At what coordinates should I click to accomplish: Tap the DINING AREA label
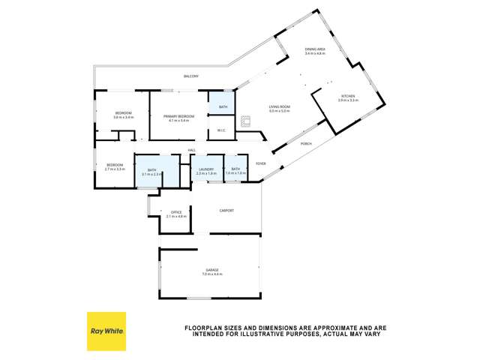pos(314,49)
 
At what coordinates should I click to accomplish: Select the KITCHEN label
pos(348,96)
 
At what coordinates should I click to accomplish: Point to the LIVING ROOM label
pos(280,107)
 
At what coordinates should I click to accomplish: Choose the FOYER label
pos(261,163)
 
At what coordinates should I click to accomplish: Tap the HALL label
pos(192,150)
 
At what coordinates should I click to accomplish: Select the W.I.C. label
pos(222,131)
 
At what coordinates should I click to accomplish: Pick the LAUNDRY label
pos(206,169)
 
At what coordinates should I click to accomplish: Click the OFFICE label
pos(176,212)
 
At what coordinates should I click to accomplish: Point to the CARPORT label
pos(226,211)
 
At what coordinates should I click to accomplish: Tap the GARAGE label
pos(213,270)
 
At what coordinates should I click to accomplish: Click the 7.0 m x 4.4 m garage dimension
pos(213,274)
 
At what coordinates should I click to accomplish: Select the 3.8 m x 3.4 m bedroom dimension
pos(123,118)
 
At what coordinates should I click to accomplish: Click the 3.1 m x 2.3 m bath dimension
pos(151,174)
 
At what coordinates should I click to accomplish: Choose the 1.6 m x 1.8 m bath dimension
pos(235,174)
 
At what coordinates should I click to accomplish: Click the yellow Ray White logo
pos(106,331)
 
